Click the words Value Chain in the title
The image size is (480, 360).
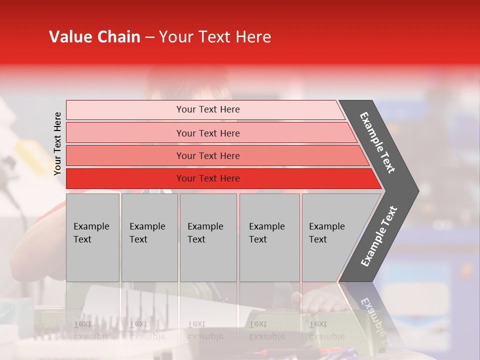tap(94, 37)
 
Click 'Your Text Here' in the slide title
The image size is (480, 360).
tap(215, 37)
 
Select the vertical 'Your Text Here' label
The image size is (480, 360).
tap(57, 143)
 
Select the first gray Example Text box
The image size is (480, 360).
tap(92, 237)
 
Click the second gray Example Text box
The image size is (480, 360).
tap(149, 237)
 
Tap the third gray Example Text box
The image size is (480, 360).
tap(208, 237)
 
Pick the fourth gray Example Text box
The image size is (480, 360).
tap(269, 237)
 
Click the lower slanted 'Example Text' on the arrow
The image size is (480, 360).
tap(379, 236)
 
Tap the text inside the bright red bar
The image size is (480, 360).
tap(208, 178)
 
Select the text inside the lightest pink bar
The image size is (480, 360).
tap(208, 109)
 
